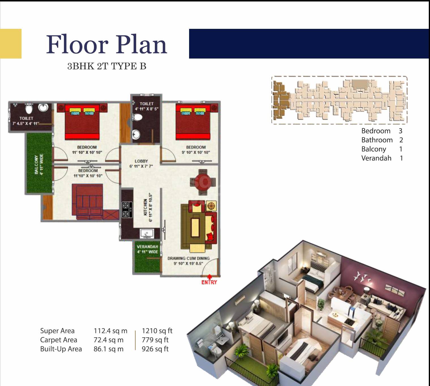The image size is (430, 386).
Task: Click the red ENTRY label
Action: [x=209, y=282]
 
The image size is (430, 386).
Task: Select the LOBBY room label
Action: [x=141, y=161]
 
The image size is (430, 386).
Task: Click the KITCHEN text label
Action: [x=145, y=207]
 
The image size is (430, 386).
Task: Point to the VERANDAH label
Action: [x=147, y=247]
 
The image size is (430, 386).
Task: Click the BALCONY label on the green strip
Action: [x=36, y=165]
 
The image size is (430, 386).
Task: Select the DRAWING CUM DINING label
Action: [x=189, y=258]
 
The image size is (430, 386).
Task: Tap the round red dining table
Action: [x=203, y=182]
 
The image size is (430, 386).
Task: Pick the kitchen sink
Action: [x=147, y=234]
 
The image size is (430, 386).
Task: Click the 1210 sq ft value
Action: [x=157, y=331]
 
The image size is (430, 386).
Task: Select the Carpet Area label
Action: [x=59, y=340]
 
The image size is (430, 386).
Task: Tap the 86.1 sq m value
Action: [x=108, y=349]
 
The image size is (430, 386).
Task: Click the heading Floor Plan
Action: [x=106, y=44]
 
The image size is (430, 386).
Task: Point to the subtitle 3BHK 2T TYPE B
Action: [x=107, y=66]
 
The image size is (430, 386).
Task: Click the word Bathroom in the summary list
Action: [x=377, y=140]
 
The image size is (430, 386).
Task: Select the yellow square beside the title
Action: [x=10, y=44]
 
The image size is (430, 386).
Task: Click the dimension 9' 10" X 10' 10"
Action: [x=196, y=152]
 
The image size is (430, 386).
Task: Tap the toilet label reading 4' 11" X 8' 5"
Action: [x=146, y=109]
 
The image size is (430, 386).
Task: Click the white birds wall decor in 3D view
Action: [x=362, y=277]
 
